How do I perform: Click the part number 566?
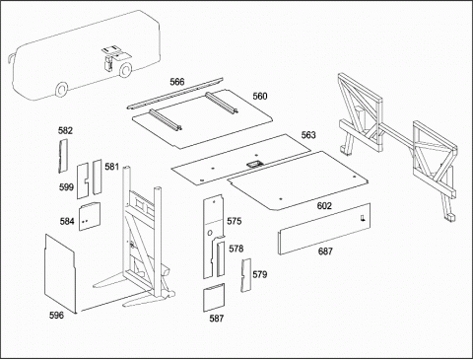pyautogui.click(x=177, y=82)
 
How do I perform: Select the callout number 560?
pyautogui.click(x=260, y=96)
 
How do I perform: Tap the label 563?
pyautogui.click(x=308, y=135)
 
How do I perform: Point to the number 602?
pyautogui.click(x=324, y=206)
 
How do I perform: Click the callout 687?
pyautogui.click(x=325, y=252)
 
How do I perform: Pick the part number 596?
pyautogui.click(x=56, y=316)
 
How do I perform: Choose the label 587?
pyautogui.click(x=217, y=319)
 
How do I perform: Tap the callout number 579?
pyautogui.click(x=260, y=274)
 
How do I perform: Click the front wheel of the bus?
pyautogui.click(x=61, y=89)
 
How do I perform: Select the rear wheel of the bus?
pyautogui.click(x=125, y=70)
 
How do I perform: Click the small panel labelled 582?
pyautogui.click(x=63, y=156)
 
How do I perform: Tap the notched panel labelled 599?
pyautogui.click(x=83, y=181)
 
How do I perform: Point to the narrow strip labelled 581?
pyautogui.click(x=98, y=177)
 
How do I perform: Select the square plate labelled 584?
pyautogui.click(x=90, y=216)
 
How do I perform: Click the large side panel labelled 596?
pyautogui.click(x=60, y=273)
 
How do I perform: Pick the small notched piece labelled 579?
pyautogui.click(x=246, y=275)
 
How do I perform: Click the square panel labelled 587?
pyautogui.click(x=214, y=297)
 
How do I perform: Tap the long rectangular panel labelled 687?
pyautogui.click(x=324, y=229)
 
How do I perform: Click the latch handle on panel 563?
pyautogui.click(x=253, y=164)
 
